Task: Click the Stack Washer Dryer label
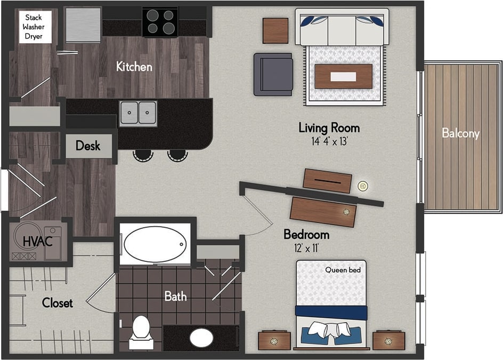tap(33, 27)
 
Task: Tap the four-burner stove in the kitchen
tap(160, 22)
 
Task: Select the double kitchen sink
tap(138, 113)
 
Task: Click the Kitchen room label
tap(134, 67)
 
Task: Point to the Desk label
tap(88, 146)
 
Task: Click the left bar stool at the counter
tap(143, 155)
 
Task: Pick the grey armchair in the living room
tap(273, 74)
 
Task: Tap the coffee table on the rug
tap(343, 76)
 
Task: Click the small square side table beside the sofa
tap(275, 30)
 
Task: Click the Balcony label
tap(460, 133)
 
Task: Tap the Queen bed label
tap(343, 270)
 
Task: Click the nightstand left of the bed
tap(274, 340)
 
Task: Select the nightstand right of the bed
tap(388, 340)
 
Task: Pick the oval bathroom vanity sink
tap(201, 338)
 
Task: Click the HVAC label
tap(37, 241)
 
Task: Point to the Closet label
tap(58, 303)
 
